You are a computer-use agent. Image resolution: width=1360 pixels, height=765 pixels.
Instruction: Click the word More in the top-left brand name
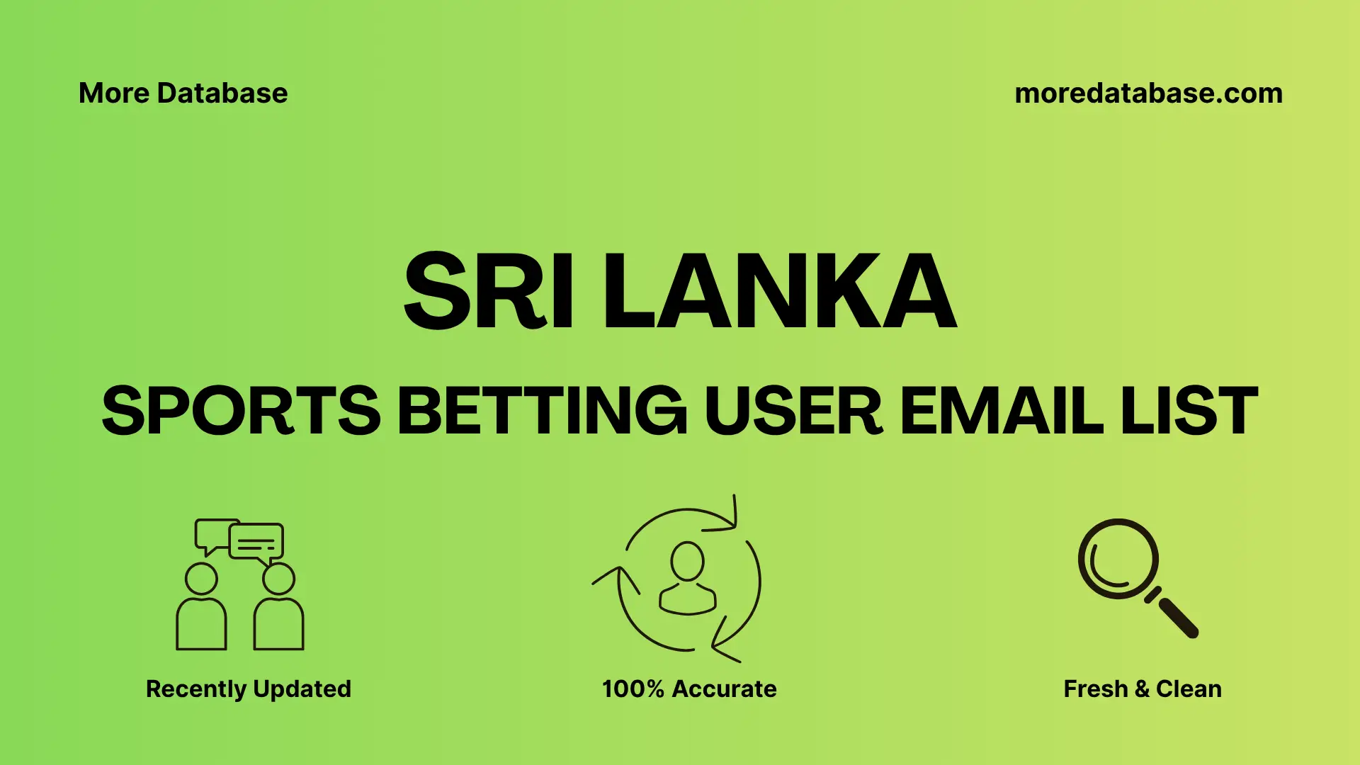pyautogui.click(x=113, y=93)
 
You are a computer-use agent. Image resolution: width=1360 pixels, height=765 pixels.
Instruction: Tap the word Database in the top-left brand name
pyautogui.click(x=222, y=93)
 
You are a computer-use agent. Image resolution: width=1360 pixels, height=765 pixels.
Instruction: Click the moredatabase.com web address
pyautogui.click(x=1148, y=93)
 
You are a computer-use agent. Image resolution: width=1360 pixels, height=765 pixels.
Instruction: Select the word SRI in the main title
pyautogui.click(x=488, y=291)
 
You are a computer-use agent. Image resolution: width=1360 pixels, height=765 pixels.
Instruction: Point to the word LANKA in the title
pyautogui.click(x=780, y=291)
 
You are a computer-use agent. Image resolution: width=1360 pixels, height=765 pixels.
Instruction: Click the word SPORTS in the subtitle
pyautogui.click(x=242, y=410)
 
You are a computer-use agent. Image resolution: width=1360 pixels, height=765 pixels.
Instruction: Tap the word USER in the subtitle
pyautogui.click(x=793, y=410)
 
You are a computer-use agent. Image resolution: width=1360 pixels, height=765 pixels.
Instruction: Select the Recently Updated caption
pyautogui.click(x=248, y=688)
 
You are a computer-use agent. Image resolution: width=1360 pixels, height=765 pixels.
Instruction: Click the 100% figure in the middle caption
pyautogui.click(x=633, y=688)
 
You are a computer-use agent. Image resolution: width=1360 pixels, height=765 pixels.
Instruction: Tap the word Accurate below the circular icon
pyautogui.click(x=724, y=688)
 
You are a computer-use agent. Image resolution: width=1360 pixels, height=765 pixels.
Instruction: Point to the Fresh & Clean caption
pyautogui.click(x=1143, y=688)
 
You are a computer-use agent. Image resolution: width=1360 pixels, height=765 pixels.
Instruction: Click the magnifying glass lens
pyautogui.click(x=1118, y=559)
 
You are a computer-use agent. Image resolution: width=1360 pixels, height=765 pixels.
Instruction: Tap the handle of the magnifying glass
pyautogui.click(x=1177, y=617)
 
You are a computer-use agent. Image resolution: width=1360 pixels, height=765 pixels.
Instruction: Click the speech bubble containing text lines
pyautogui.click(x=256, y=543)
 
